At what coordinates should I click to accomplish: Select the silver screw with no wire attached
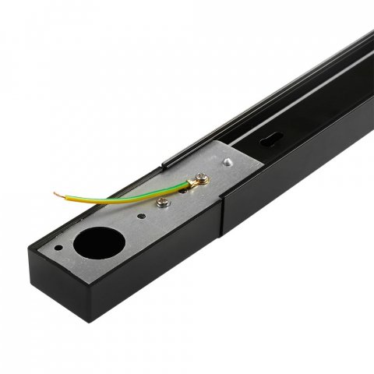point(161,203)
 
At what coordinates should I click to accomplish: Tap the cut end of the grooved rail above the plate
point(165,164)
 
